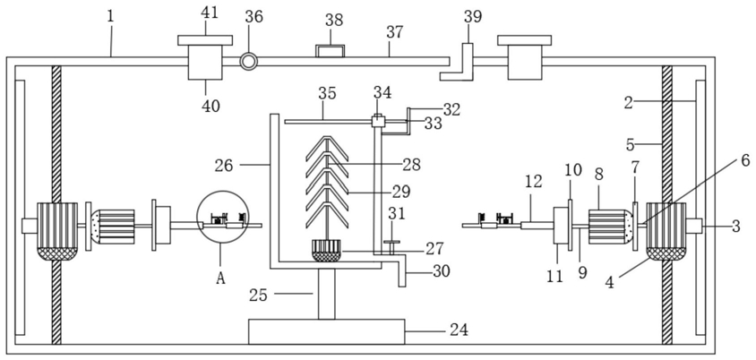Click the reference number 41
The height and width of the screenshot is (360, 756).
(209, 13)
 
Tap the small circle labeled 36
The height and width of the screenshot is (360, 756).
(249, 61)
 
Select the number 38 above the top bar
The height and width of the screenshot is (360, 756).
(333, 21)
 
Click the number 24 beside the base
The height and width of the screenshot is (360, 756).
(459, 330)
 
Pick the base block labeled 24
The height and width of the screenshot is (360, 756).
(326, 331)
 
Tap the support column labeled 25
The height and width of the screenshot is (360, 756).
(326, 294)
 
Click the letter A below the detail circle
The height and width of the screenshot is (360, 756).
(220, 279)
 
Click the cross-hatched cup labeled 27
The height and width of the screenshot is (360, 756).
(326, 250)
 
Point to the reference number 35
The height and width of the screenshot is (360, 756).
(327, 93)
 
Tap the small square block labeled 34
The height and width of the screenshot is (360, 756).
(378, 121)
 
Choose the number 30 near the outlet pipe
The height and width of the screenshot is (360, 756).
(441, 270)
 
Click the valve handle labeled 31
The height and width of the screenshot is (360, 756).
(391, 243)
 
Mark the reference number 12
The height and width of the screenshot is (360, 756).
(534, 181)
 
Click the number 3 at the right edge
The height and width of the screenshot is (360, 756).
(735, 227)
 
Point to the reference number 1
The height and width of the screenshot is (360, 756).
(110, 16)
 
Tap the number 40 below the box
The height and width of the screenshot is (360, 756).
(210, 106)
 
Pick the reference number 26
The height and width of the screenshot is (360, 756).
(224, 166)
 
